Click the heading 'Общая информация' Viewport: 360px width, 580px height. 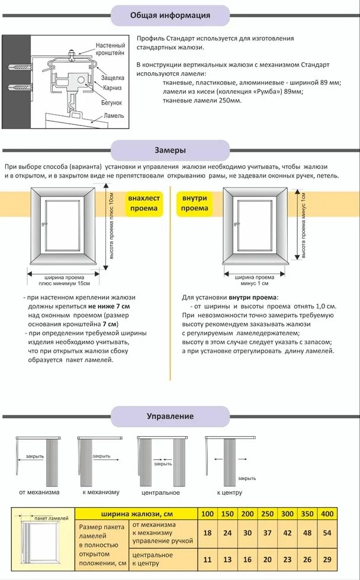tap(170, 15)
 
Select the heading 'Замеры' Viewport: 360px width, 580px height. tap(170, 150)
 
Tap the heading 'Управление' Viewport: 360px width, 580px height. tap(170, 416)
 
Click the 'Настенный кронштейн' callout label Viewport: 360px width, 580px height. tap(111, 49)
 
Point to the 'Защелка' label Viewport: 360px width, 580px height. tap(112, 78)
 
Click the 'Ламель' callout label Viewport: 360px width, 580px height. tap(113, 115)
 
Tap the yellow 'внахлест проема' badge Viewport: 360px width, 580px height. tap(143, 204)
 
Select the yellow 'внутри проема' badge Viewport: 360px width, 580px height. tap(195, 204)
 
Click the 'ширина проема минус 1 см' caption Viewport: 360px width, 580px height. tap(255, 280)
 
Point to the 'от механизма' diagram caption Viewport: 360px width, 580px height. tap(39, 492)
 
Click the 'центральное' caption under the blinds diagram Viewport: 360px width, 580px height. tap(160, 492)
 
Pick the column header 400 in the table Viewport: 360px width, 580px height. tap(326, 513)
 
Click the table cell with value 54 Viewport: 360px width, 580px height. tap(326, 533)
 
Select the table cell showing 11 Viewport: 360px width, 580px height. tap(207, 559)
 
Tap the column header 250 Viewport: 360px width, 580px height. tap(268, 513)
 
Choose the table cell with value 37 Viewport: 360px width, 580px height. tap(268, 533)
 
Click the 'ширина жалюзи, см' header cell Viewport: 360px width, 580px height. tap(135, 513)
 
